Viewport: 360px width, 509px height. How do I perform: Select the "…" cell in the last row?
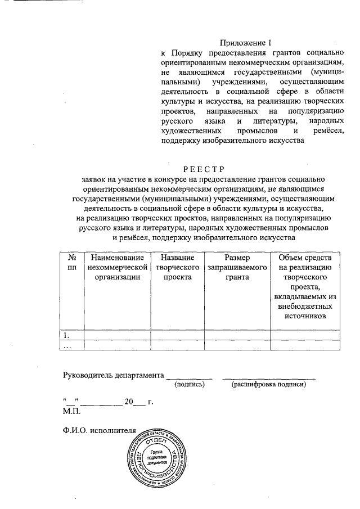coord(66,346)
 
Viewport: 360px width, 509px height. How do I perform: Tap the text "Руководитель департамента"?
coord(113,375)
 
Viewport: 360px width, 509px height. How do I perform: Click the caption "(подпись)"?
coord(189,385)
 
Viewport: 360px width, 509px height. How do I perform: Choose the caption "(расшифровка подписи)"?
coord(268,385)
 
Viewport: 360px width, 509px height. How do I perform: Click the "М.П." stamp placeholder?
coord(71,411)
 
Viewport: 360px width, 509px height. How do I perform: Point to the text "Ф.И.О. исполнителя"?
coord(100,430)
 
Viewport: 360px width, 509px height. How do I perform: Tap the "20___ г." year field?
coord(138,402)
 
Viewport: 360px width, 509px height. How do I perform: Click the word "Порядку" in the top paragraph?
coord(192,53)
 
